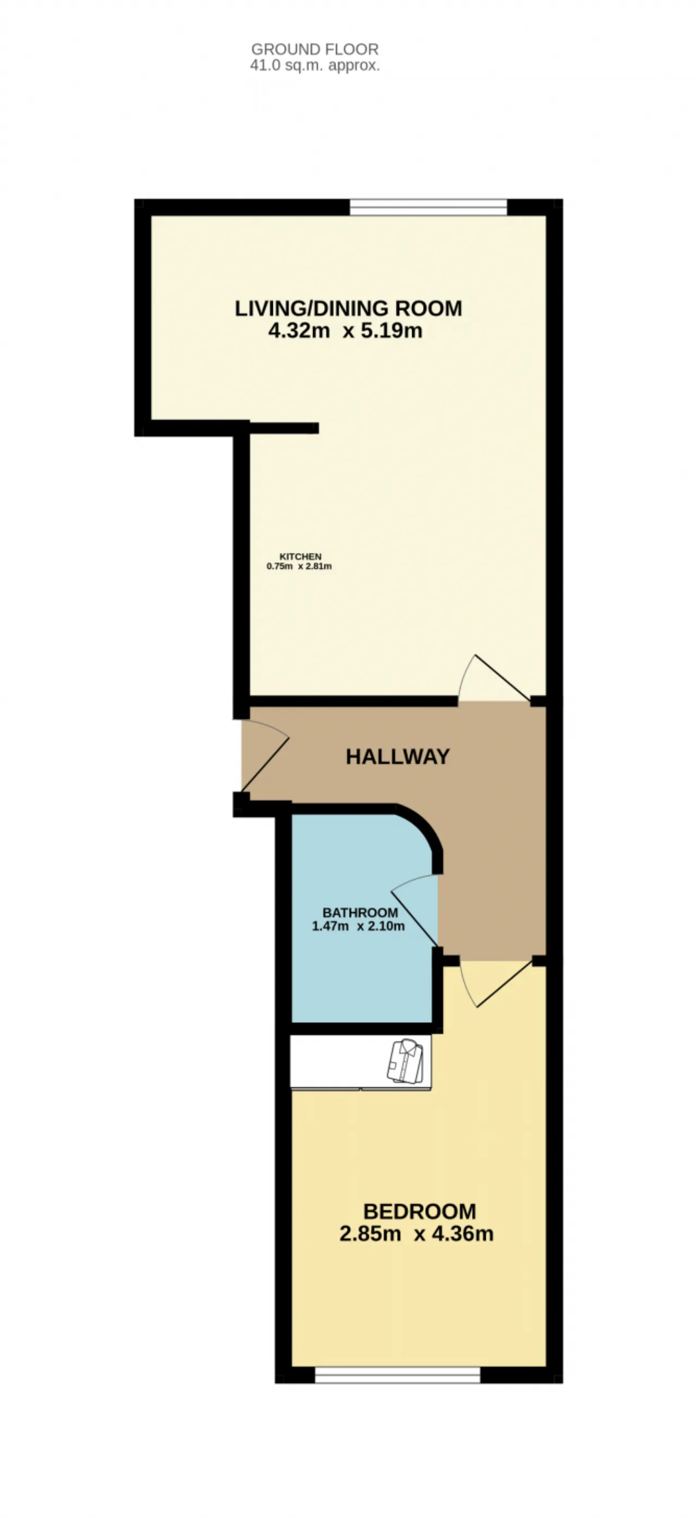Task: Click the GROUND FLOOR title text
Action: [315, 49]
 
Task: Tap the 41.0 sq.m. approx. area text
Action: [315, 65]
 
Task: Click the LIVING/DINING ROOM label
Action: [348, 308]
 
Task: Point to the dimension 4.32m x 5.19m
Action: [346, 330]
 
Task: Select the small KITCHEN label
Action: [300, 556]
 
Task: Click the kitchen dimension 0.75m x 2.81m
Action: [299, 566]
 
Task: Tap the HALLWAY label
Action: [398, 757]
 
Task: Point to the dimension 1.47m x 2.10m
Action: [358, 926]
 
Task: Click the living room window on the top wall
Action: [429, 207]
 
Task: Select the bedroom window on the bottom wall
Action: [398, 1375]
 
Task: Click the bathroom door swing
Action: [413, 909]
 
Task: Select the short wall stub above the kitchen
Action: [284, 428]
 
